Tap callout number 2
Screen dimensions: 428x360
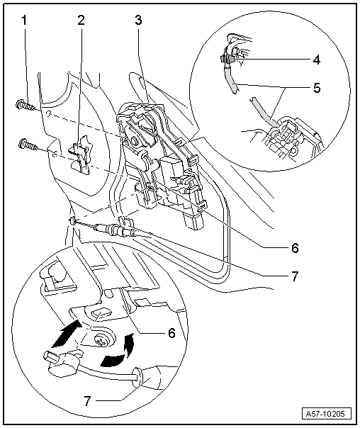point(82,20)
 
